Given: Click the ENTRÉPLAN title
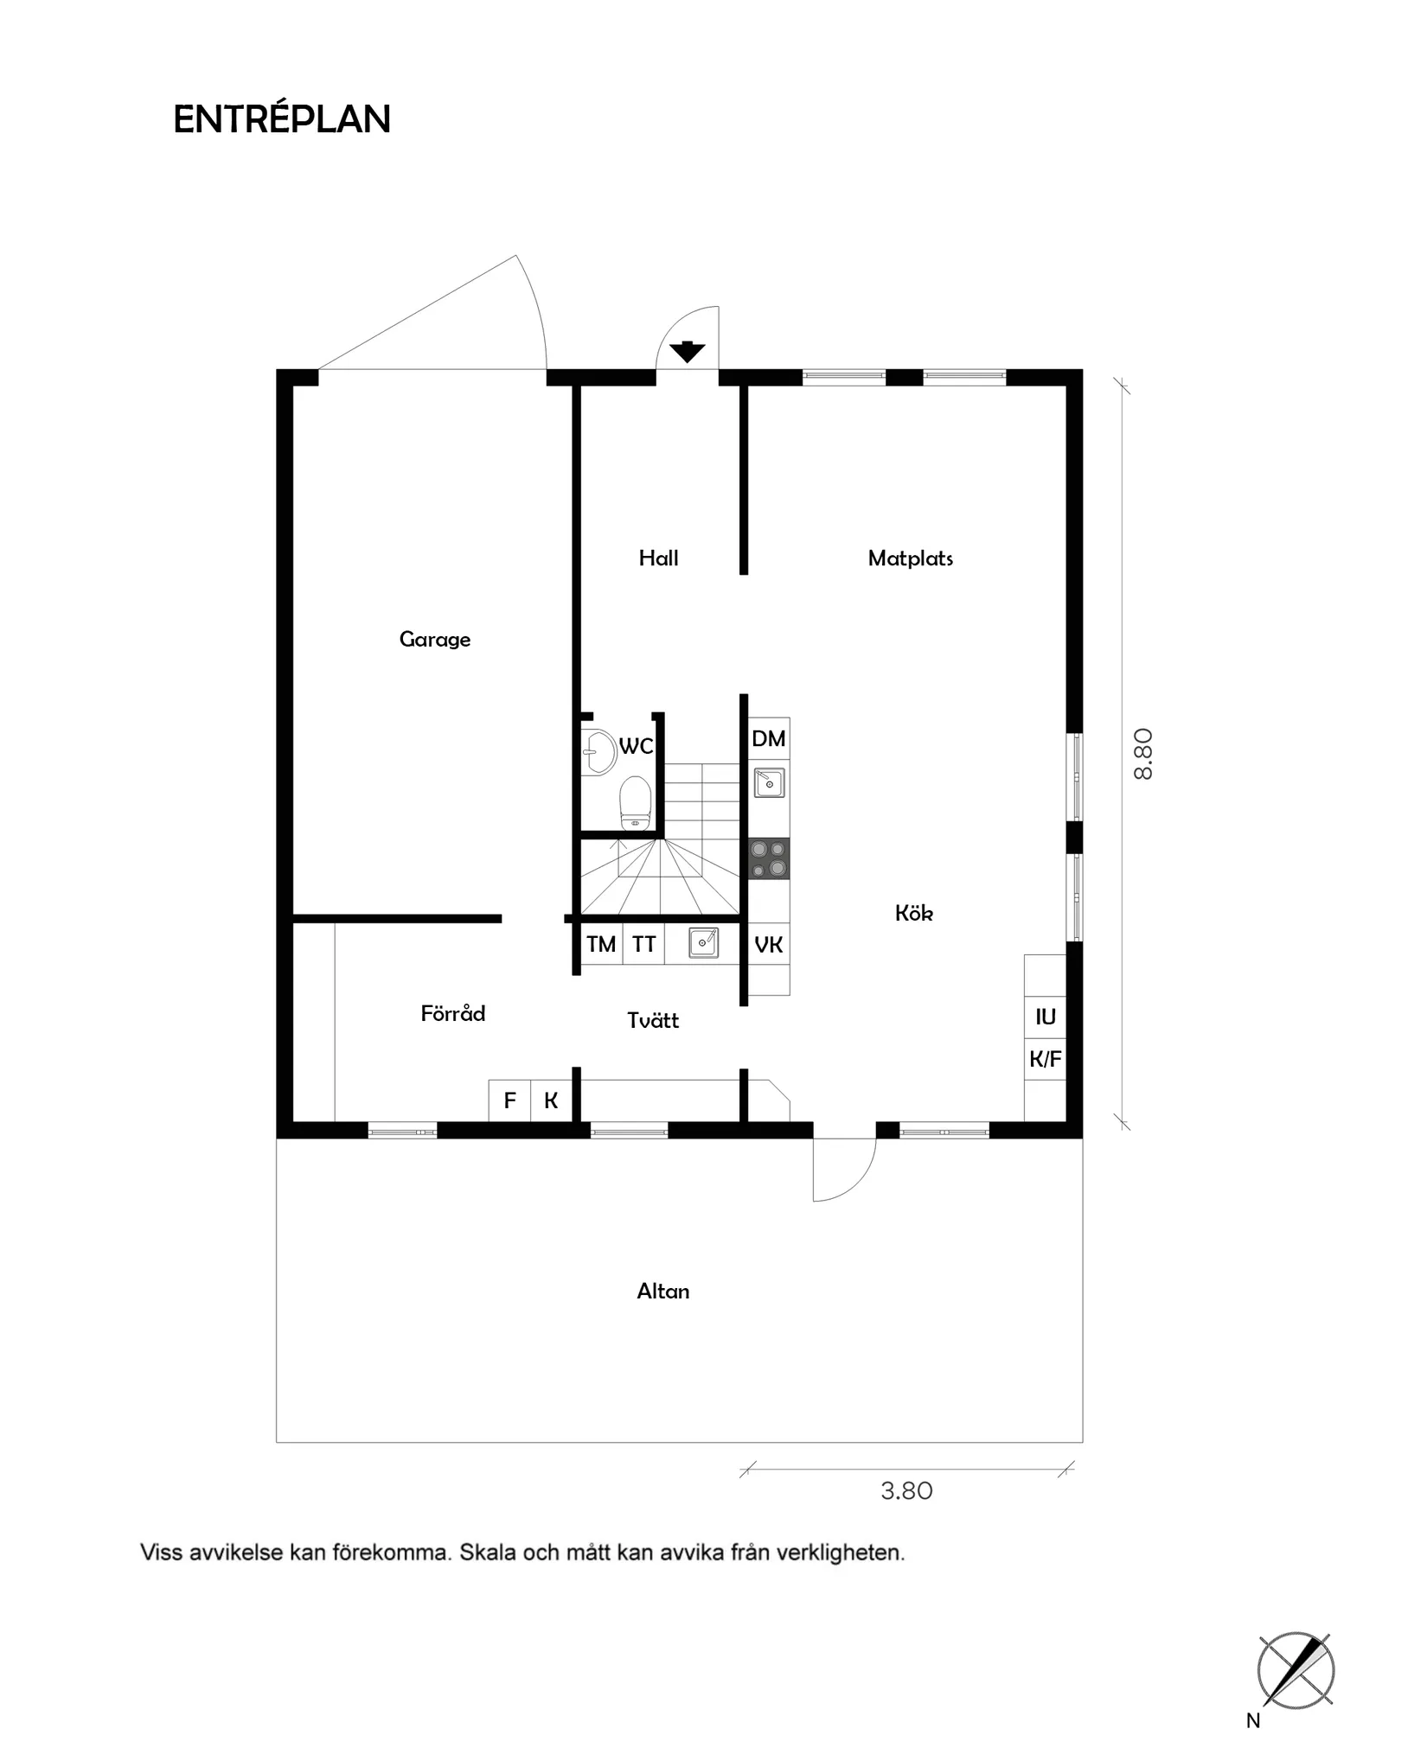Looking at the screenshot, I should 282,119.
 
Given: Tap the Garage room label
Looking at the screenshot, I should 435,640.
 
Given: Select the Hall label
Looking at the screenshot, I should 658,558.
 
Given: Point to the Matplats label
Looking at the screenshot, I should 910,558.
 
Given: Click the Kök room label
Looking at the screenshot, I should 913,913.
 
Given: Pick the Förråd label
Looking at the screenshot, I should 452,1013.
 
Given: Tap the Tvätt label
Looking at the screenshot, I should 653,1021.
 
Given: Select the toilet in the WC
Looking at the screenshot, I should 636,801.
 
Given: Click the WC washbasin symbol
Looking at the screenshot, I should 597,751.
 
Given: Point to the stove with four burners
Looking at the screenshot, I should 769,858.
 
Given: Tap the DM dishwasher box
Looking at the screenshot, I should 769,738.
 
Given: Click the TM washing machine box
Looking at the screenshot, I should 601,944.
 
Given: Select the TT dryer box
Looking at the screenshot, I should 643,944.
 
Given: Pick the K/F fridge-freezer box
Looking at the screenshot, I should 1045,1059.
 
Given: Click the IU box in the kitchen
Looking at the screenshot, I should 1045,1017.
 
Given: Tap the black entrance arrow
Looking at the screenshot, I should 688,352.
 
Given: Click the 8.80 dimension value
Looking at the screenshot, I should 1142,754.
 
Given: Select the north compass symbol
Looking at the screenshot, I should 1295,1672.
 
